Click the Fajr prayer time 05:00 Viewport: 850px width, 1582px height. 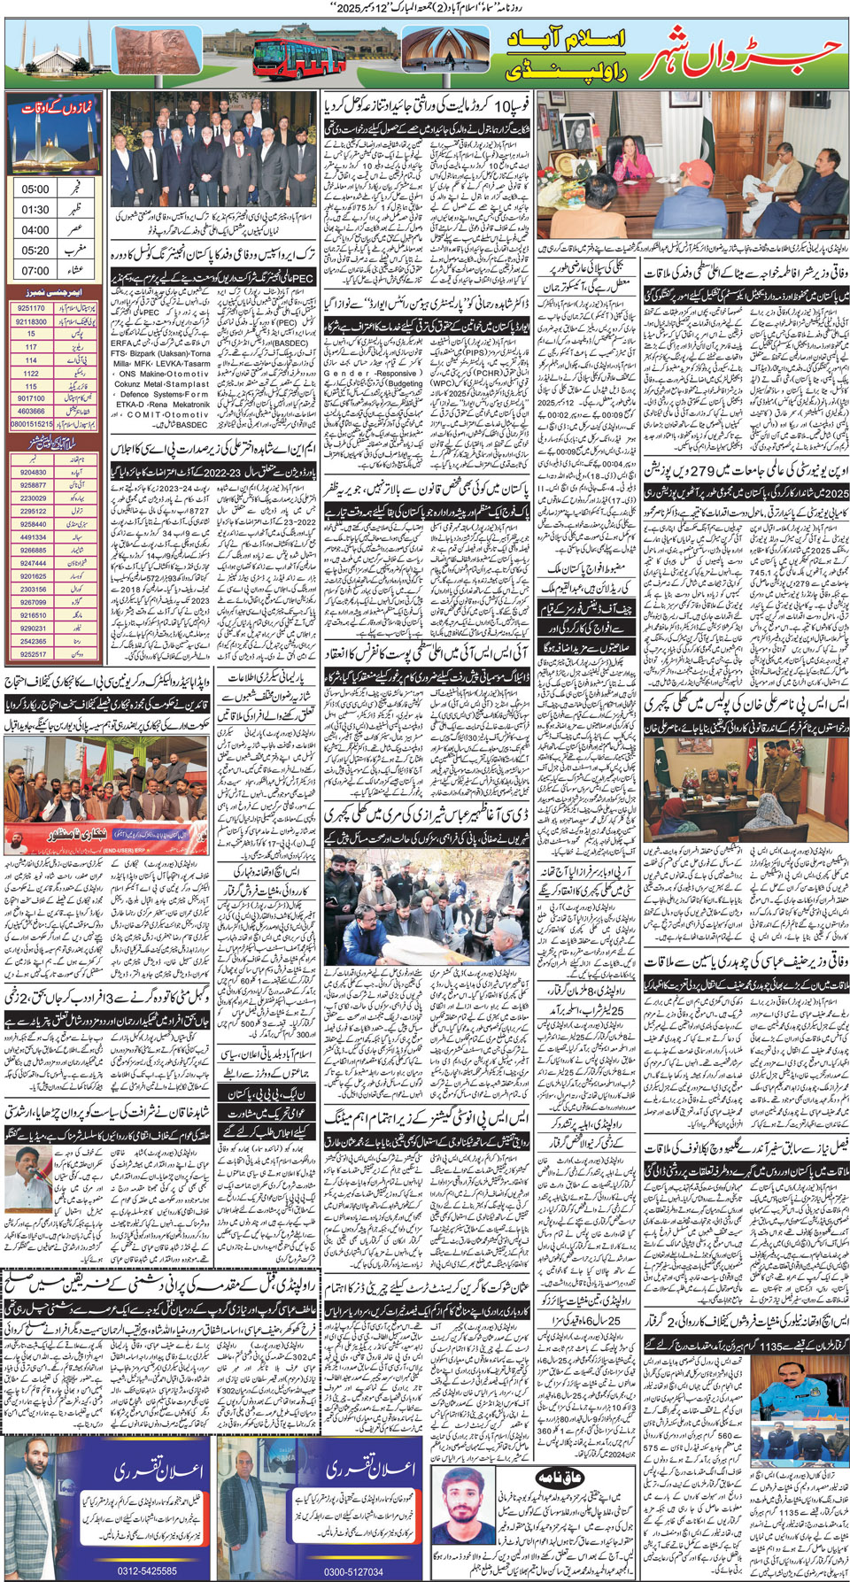(35, 189)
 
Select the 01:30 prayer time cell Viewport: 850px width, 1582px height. (35, 210)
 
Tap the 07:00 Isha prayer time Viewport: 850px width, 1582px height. (35, 271)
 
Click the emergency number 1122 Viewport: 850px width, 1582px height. (31, 374)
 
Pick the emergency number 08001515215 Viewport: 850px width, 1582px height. (31, 424)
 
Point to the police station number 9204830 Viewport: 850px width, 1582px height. (34, 473)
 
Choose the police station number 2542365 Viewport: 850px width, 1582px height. (34, 642)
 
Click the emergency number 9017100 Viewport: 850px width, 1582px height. (31, 398)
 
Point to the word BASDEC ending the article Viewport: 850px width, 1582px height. (192, 425)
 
